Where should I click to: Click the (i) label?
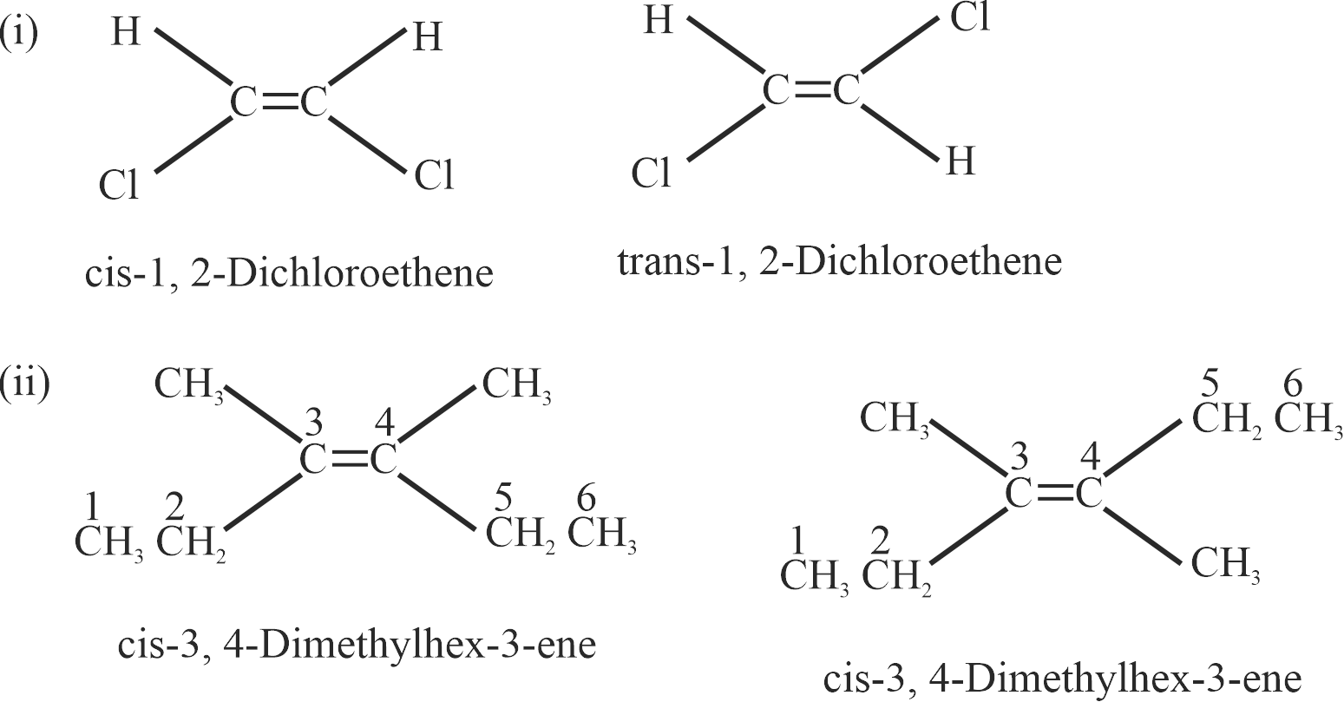pyautogui.click(x=18, y=32)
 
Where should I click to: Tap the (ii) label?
pyautogui.click(x=24, y=384)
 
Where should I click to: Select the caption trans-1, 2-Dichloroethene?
pyautogui.click(x=839, y=263)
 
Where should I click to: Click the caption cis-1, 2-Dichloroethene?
pyautogui.click(x=289, y=273)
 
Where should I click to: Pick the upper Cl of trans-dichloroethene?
pyautogui.click(x=969, y=16)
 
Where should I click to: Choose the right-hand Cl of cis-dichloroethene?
pyautogui.click(x=435, y=175)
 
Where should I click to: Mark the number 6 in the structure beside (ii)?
pyautogui.click(x=587, y=498)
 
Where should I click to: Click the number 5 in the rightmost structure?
pyautogui.click(x=1210, y=384)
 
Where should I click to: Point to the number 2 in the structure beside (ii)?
pyautogui.click(x=174, y=507)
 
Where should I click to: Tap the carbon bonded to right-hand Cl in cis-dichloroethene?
pyautogui.click(x=314, y=102)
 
